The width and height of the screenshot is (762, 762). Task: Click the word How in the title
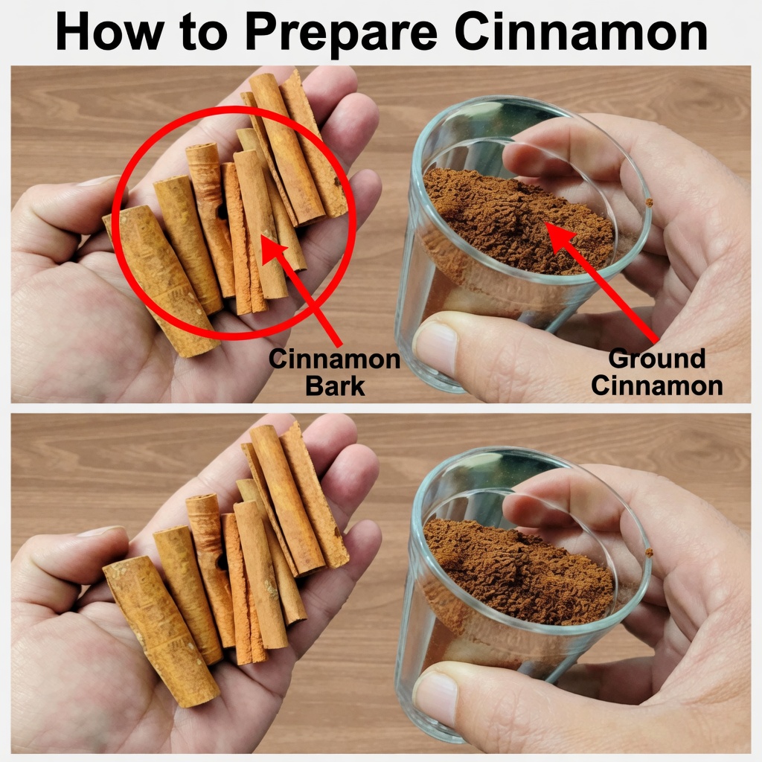(109, 31)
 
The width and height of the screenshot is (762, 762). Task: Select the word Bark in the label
(335, 386)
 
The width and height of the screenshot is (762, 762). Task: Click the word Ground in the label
(656, 359)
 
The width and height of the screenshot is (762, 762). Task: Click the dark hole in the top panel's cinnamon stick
(222, 211)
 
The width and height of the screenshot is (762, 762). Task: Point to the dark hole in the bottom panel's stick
(222, 562)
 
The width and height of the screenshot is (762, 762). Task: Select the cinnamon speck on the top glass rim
(648, 202)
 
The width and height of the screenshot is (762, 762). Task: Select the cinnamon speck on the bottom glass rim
(649, 553)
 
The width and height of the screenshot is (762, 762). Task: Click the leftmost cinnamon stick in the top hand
(161, 280)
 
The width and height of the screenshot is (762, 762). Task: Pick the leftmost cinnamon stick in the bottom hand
(161, 631)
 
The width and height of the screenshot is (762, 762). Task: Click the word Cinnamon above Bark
(334, 359)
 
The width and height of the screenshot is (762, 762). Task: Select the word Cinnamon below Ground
(656, 386)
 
